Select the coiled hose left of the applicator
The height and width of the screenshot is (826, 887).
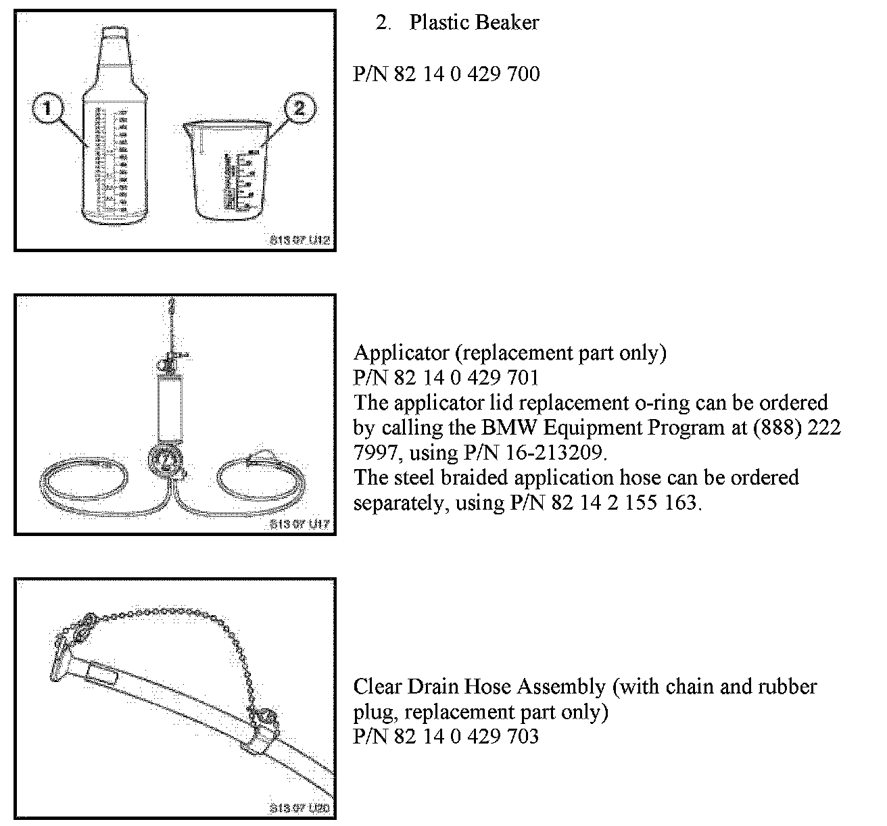pos(82,479)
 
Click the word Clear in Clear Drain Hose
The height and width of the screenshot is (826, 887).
pos(377,686)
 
